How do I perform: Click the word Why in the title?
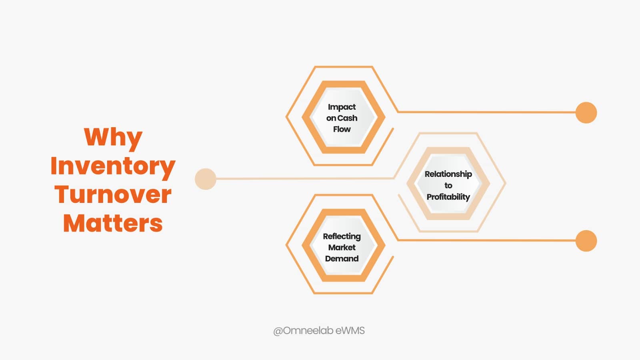(x=113, y=138)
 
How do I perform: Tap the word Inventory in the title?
(x=113, y=166)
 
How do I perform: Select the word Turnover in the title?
(x=113, y=195)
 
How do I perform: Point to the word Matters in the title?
(x=113, y=223)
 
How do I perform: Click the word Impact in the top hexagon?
(x=342, y=107)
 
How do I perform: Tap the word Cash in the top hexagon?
(x=347, y=118)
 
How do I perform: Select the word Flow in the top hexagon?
(x=342, y=129)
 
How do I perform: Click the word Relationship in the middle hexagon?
(x=448, y=174)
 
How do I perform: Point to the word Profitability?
(x=448, y=197)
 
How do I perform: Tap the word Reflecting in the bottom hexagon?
(x=342, y=236)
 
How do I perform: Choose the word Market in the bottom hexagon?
(x=342, y=248)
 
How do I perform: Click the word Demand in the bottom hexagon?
(x=342, y=259)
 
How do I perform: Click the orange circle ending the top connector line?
(x=586, y=112)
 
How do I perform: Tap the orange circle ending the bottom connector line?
(x=586, y=241)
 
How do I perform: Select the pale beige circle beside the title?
(x=205, y=179)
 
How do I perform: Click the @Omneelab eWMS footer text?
(x=319, y=331)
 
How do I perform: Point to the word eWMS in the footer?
(x=350, y=331)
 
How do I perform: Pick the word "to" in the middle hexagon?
(x=448, y=186)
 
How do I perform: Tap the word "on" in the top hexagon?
(x=331, y=118)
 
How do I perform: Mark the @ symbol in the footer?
(x=278, y=331)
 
